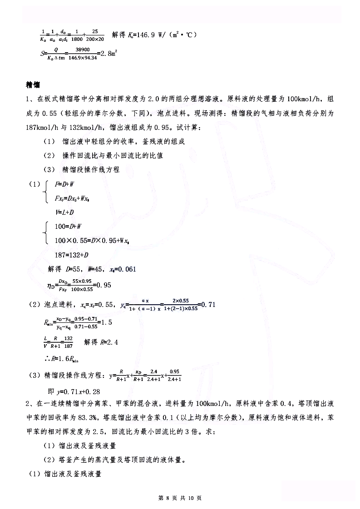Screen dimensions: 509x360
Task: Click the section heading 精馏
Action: point(33,85)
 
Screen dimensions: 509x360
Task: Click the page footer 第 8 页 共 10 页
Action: point(180,498)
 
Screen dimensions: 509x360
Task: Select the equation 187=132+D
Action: point(71,254)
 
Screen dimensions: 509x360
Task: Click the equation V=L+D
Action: point(65,212)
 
